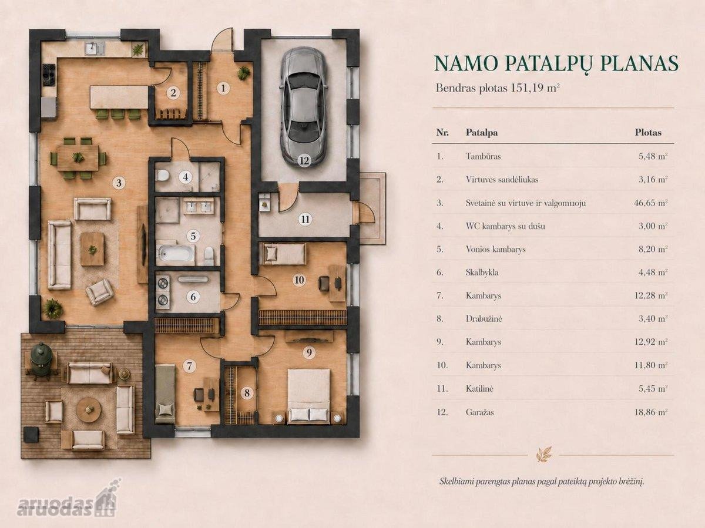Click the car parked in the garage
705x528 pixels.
(x=304, y=106)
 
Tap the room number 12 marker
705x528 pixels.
(x=304, y=160)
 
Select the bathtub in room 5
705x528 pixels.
(x=175, y=254)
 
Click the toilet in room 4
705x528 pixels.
(x=163, y=176)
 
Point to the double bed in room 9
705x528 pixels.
(x=309, y=396)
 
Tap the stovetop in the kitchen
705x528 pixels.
(x=49, y=75)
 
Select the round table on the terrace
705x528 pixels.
(x=89, y=410)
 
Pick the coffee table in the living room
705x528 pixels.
(x=92, y=249)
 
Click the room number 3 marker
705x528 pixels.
(x=119, y=183)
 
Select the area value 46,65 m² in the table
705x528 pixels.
(x=651, y=203)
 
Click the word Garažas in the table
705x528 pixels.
(x=479, y=412)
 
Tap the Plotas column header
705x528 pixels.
(x=648, y=132)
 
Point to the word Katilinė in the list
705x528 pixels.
(x=479, y=389)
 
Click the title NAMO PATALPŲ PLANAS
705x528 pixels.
(x=556, y=63)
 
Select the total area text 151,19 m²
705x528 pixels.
(x=535, y=88)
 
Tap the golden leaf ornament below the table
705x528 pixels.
(x=543, y=454)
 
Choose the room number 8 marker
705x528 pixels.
(x=247, y=393)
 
